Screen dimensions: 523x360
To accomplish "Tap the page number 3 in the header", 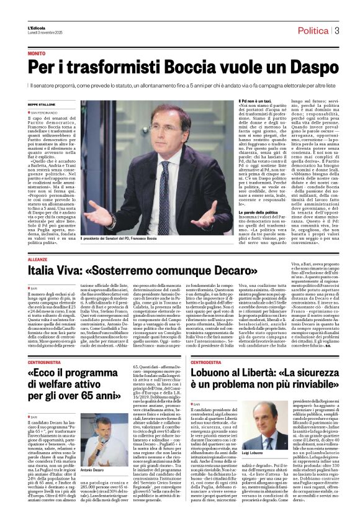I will click(335, 30).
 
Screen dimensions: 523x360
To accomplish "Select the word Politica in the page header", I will click(313, 30).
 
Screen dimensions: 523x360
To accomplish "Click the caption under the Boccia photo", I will click(117, 238).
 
